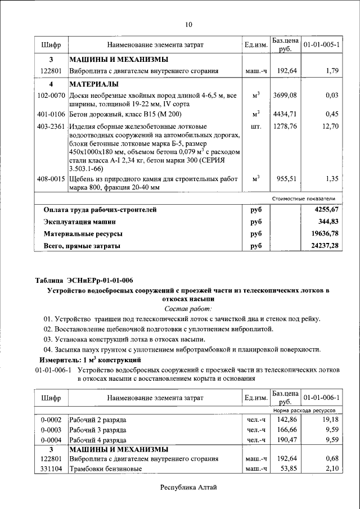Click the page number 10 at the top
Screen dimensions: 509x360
188,24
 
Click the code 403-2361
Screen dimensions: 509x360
51,127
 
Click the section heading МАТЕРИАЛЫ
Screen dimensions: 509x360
94,84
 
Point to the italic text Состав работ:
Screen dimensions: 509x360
188,309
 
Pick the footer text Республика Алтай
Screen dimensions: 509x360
188,488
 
